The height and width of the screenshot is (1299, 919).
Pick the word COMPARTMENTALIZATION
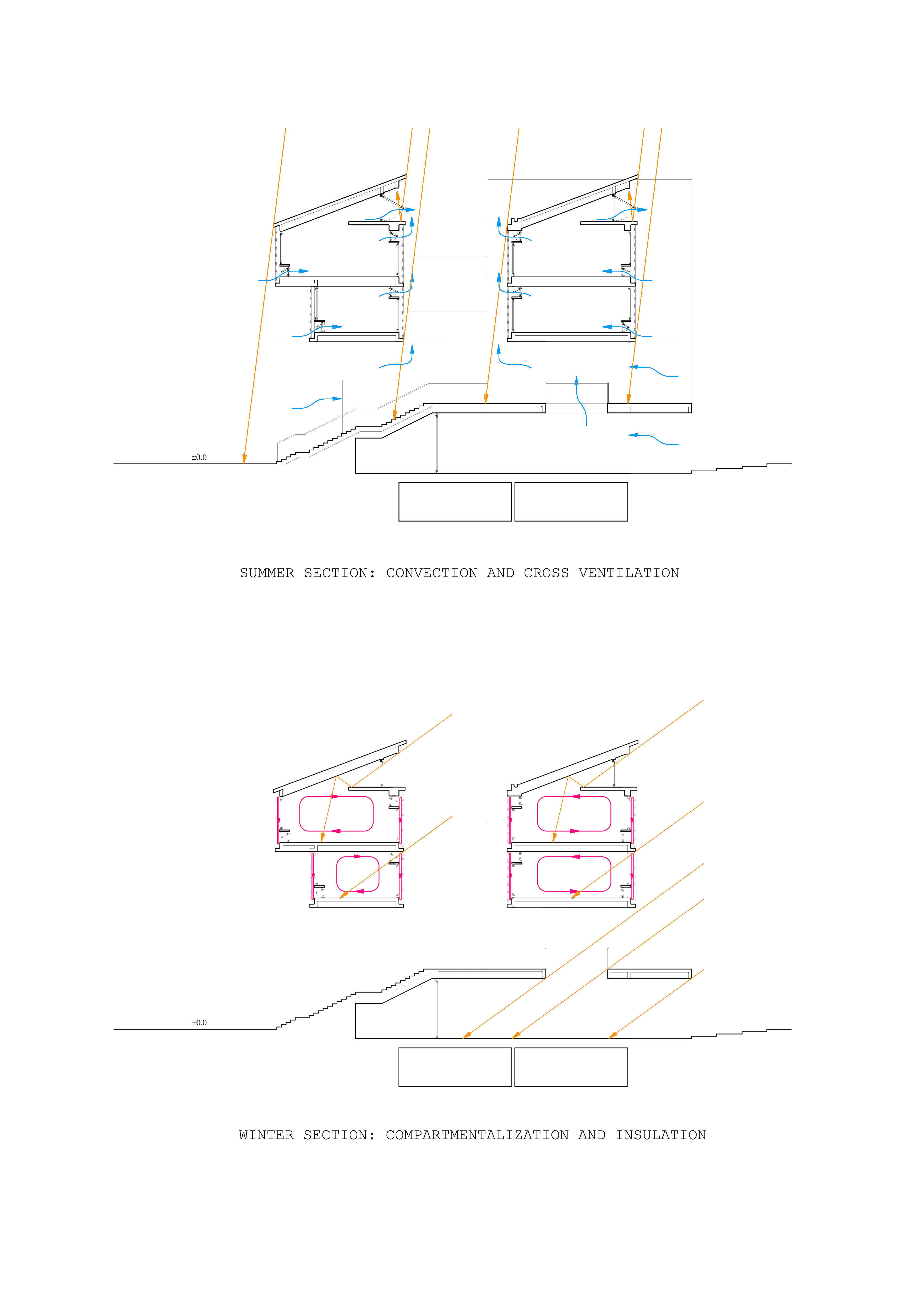(477, 1135)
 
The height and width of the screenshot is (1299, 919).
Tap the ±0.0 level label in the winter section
(199, 1022)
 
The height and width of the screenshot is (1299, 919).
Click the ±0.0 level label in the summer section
(199, 457)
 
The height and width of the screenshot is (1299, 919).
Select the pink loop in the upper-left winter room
(336, 814)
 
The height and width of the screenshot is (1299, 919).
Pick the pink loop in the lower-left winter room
(358, 874)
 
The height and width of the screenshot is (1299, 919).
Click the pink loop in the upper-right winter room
(574, 814)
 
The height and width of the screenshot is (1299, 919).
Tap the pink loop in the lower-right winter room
(574, 874)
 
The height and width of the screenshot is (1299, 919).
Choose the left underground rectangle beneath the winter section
(455, 1067)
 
